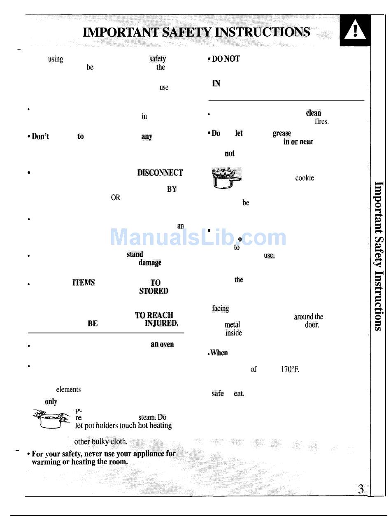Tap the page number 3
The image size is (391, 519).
coord(361,489)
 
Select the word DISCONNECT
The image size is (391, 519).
coord(160,173)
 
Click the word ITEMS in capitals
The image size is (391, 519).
coord(84,283)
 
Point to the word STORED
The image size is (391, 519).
coord(154,291)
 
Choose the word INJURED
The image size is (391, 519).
coord(161,324)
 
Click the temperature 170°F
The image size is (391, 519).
coord(290,369)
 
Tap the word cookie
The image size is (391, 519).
coord(305,178)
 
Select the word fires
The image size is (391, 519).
coord(321,121)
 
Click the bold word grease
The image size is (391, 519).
coord(282,133)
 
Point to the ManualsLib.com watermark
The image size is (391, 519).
coord(198,237)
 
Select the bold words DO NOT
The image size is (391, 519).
coord(224,59)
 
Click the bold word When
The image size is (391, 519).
coord(219,353)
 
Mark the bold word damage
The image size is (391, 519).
coord(150,263)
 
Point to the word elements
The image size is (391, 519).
coord(68,389)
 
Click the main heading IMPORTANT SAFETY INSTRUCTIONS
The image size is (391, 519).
coord(196,32)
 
